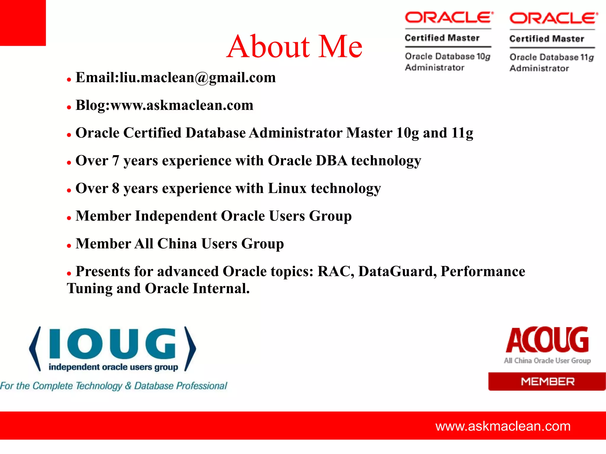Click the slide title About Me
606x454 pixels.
(x=294, y=46)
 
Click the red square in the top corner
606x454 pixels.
(x=23, y=23)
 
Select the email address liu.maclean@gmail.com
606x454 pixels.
(x=198, y=78)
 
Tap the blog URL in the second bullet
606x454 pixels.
(x=182, y=106)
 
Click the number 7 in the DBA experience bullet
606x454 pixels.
(x=116, y=161)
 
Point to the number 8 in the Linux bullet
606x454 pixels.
(x=116, y=189)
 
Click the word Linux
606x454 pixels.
(x=287, y=189)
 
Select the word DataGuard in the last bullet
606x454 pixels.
(x=397, y=271)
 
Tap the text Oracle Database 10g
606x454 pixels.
(x=447, y=56)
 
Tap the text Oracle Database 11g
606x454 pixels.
(x=552, y=57)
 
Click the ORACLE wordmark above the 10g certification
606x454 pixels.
(x=449, y=18)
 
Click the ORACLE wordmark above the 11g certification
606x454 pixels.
(x=553, y=18)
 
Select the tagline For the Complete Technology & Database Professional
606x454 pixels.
(x=114, y=386)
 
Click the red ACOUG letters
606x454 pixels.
(x=547, y=340)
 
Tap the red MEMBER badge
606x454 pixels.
(x=547, y=382)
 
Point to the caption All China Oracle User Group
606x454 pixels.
(x=547, y=361)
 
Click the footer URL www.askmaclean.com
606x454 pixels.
(x=503, y=426)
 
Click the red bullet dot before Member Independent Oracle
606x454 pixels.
(x=69, y=218)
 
